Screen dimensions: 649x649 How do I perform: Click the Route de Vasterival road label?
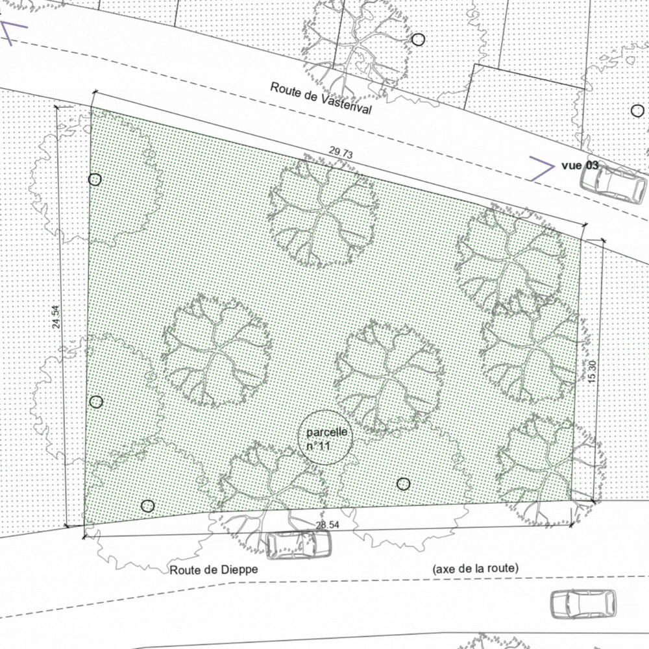point(321,98)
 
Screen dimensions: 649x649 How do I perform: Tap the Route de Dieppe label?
point(214,570)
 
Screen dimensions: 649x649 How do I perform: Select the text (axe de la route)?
point(476,569)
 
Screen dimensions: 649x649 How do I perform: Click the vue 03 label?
point(580,165)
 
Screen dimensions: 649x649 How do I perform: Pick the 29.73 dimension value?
point(341,153)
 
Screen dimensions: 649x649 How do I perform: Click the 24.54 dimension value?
point(56,316)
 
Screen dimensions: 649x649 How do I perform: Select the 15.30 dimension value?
point(591,371)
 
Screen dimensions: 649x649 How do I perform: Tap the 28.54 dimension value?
point(328,524)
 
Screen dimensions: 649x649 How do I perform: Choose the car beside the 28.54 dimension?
point(299,545)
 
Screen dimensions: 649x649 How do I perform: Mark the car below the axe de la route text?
point(583,604)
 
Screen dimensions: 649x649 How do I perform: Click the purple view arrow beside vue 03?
point(541,167)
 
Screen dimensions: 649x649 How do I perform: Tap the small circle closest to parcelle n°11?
point(404,484)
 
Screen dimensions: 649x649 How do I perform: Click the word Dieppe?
point(241,570)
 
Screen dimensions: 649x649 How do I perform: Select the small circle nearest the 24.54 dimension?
point(96,402)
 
